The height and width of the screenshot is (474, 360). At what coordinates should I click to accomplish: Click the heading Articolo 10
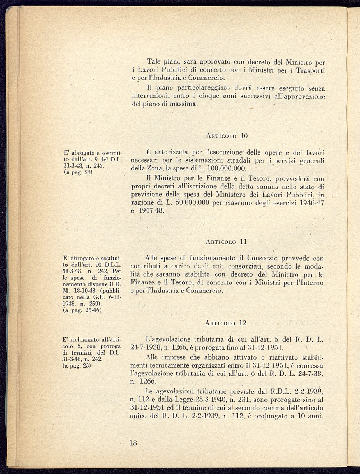pos(227,136)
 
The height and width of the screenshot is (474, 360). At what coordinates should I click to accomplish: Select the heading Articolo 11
pos(226,242)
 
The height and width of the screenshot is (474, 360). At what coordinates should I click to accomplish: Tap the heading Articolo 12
pos(226,323)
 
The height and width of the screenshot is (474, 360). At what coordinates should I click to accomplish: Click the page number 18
pos(133,443)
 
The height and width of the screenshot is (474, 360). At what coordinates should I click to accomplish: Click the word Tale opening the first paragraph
pos(154,61)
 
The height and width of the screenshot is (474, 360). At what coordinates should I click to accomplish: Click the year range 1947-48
pos(152,211)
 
